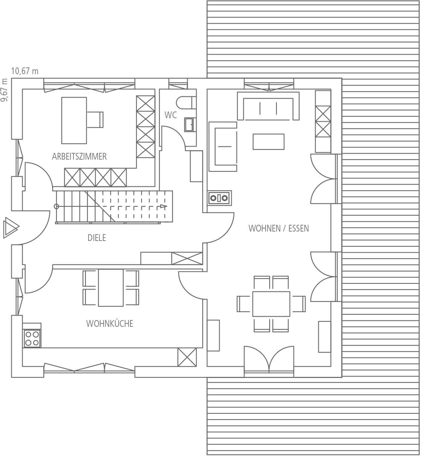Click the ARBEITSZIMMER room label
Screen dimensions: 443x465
79,156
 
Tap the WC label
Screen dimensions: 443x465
171,115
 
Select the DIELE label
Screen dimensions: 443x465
97,238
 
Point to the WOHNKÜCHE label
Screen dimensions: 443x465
110,323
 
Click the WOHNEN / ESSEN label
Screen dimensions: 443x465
278,228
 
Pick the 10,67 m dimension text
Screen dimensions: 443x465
24,71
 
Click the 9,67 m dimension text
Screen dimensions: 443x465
4,90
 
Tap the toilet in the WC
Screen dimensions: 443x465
186,102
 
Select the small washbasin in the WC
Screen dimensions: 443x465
190,125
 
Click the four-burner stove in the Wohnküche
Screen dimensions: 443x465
32,338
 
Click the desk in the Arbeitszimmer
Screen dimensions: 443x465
74,120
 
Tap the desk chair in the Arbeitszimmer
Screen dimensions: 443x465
95,120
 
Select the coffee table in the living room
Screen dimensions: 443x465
268,142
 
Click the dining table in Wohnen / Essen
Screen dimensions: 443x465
271,304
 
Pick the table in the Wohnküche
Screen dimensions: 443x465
111,288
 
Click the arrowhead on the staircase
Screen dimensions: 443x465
163,206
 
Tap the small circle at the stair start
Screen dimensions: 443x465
57,206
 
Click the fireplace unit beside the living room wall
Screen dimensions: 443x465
219,198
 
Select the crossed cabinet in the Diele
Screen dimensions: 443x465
187,258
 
